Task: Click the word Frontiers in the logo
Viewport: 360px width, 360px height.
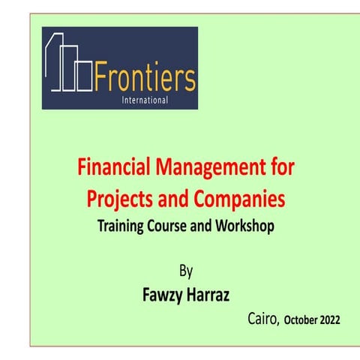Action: [x=145, y=76]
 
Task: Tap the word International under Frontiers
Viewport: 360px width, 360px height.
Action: [x=145, y=100]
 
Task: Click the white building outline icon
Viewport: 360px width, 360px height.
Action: [x=69, y=62]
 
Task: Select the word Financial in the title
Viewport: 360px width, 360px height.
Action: [x=114, y=166]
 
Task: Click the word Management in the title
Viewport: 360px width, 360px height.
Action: [x=211, y=168]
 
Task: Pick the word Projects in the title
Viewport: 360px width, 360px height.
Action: [x=119, y=199]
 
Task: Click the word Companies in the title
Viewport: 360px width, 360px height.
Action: [x=239, y=199]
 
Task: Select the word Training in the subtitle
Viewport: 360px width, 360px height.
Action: [x=120, y=226]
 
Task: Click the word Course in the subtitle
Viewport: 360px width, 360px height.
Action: [x=166, y=226]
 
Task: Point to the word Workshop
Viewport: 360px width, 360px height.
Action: [x=244, y=226]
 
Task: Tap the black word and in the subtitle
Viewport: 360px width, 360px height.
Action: [x=200, y=226]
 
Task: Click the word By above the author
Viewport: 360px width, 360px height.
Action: [x=186, y=271]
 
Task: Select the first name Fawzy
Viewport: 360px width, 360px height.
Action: [x=163, y=295]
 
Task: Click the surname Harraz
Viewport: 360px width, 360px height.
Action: [x=208, y=295]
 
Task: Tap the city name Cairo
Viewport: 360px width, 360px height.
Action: [x=263, y=319]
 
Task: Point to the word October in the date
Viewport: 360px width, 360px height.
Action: [x=301, y=320]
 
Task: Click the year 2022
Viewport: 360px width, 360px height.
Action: [x=330, y=320]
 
